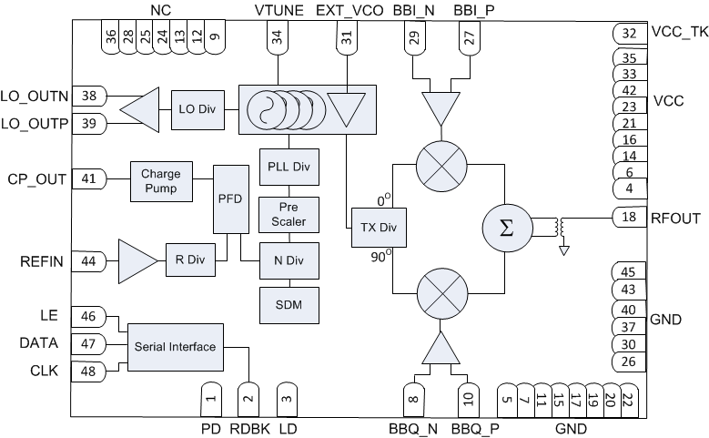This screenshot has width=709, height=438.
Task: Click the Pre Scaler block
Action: (x=290, y=215)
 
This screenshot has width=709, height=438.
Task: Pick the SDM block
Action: (x=290, y=305)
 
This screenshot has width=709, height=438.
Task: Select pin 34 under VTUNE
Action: (x=276, y=39)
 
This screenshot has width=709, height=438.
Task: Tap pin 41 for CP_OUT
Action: (x=88, y=178)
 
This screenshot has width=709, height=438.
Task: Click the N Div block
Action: (x=290, y=260)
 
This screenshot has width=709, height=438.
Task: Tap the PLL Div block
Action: (x=290, y=167)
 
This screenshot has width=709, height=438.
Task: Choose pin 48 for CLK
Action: (x=88, y=371)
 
